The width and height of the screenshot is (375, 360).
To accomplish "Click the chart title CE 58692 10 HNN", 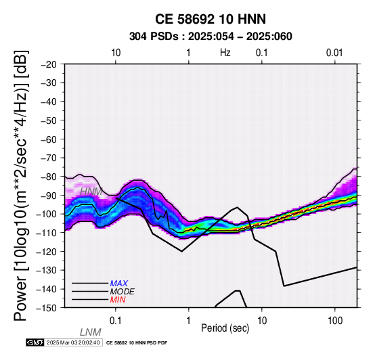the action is pos(211,19).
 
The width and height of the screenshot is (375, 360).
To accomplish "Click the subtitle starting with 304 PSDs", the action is pos(211,37).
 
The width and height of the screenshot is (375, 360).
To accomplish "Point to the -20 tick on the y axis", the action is pos(49,64).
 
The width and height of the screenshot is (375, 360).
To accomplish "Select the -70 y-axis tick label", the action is pos(49,158).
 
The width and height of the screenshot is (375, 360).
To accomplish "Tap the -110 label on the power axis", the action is pos(47,233).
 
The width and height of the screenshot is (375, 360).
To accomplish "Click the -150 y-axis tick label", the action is pos(47,308).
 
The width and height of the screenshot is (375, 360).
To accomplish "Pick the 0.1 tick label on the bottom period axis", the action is pos(116,321).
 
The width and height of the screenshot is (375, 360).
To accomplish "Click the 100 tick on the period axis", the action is pos(335,321).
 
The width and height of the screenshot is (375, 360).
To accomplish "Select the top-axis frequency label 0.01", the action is pos(334,53).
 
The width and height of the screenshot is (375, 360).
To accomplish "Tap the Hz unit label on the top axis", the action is pos(225,53).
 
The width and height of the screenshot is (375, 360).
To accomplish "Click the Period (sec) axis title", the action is pos(225,328).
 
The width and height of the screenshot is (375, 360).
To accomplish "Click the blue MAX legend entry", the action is pos(119,284).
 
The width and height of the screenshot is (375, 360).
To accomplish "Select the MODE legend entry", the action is pos(123,292).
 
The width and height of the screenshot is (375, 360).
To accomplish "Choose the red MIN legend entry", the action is pos(118,300).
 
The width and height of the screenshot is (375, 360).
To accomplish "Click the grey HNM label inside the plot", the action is pos(91,192).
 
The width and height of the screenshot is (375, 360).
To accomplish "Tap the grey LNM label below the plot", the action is pos(91,332).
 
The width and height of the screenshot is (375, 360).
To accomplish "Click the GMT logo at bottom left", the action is pos(35,342).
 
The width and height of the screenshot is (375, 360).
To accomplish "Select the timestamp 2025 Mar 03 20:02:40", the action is pos(73,343).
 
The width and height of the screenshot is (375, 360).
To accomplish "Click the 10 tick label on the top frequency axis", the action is pos(116,53).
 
